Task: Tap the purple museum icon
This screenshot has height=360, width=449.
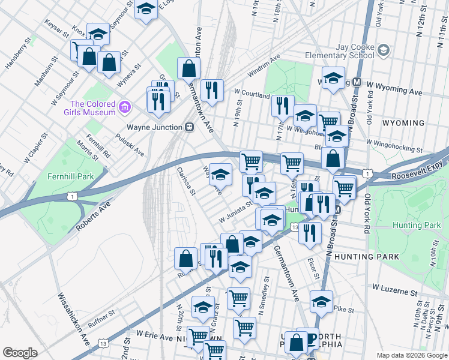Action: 125,108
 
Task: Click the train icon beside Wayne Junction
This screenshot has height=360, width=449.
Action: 189,127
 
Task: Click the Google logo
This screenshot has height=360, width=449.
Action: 20,353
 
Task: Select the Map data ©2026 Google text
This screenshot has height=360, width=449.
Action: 411,355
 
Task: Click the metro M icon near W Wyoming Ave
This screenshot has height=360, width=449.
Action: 357,82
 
